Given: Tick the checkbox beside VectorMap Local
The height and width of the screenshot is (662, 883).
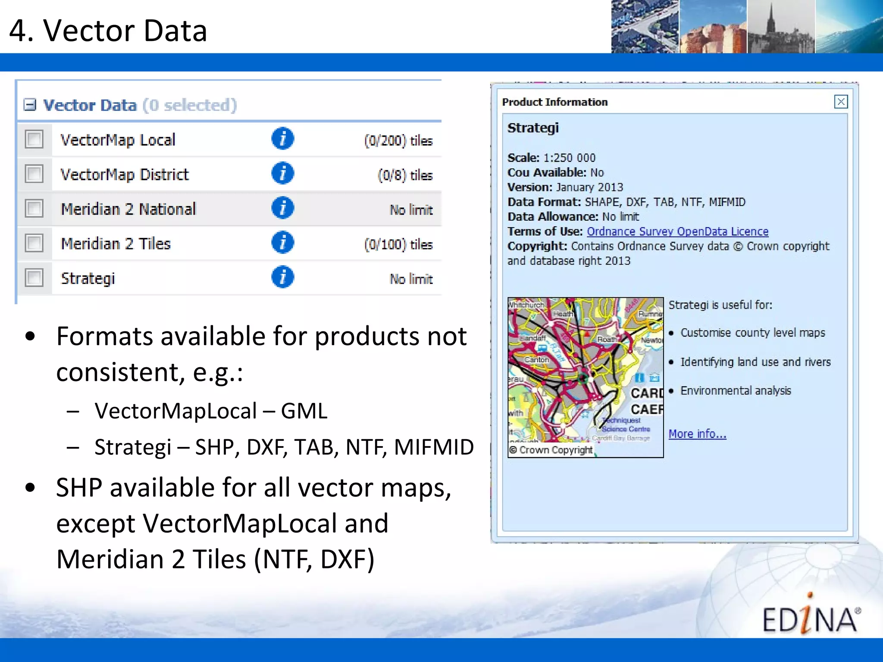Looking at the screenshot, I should click(x=34, y=140).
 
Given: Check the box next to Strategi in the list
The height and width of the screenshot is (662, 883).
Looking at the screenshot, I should click(x=34, y=278).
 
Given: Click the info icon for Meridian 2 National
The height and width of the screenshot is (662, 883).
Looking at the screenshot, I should click(x=282, y=208).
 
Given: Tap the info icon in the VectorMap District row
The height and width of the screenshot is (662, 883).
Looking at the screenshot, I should click(x=282, y=174).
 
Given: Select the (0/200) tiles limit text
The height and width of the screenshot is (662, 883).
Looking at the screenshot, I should click(x=398, y=141).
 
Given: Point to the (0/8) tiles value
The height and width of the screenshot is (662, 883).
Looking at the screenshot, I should click(x=405, y=175).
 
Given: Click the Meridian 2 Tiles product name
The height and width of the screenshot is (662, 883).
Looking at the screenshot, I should click(x=116, y=244).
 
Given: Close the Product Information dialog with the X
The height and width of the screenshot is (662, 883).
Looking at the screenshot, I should click(x=840, y=102).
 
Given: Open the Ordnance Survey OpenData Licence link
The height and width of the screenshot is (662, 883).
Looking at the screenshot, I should click(x=677, y=231).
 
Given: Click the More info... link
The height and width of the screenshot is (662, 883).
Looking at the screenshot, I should click(x=697, y=434).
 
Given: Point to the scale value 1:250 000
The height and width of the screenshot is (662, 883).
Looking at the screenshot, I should click(x=569, y=158).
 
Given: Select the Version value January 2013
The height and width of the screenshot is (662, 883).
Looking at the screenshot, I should click(x=589, y=187).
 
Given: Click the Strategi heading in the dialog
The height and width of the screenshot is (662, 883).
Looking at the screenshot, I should click(x=533, y=128).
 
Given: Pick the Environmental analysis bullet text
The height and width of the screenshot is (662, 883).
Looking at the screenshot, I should click(x=736, y=390).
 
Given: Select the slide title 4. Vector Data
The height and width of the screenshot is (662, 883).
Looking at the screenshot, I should click(x=108, y=31).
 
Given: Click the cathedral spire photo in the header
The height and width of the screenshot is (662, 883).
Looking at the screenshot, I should click(x=780, y=27).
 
